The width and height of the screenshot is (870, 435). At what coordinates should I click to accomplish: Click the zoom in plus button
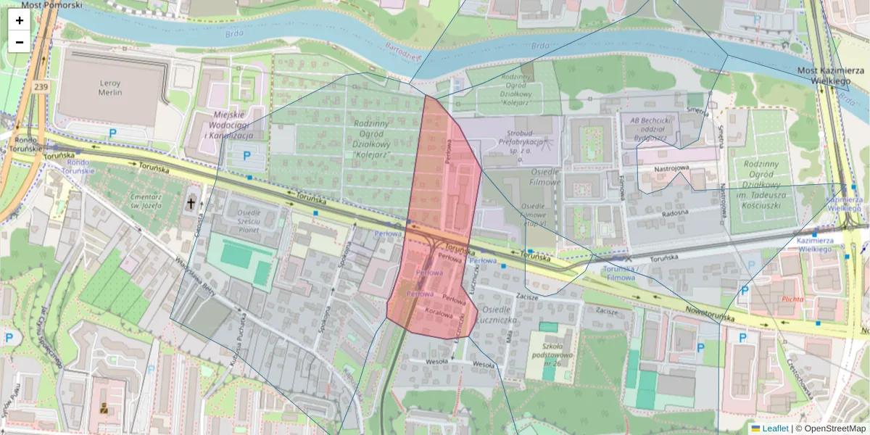click(x=20, y=20)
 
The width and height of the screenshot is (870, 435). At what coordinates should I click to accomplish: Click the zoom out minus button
click(x=20, y=42)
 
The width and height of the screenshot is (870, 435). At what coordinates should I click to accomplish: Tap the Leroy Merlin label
click(x=110, y=88)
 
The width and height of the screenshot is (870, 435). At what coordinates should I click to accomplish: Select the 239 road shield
click(x=40, y=86)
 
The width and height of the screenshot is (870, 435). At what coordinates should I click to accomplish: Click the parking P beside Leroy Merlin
click(x=112, y=133)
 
